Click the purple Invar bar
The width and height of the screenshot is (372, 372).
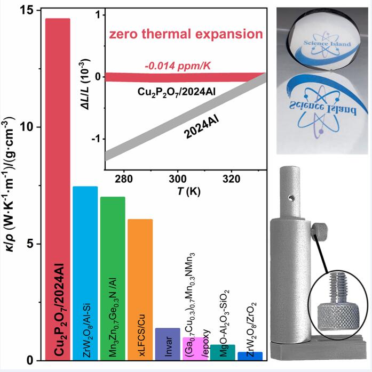pos(167,344)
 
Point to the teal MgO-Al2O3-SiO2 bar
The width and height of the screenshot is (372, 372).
pos(222,352)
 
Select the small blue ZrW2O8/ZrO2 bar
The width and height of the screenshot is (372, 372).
pos(249,356)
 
